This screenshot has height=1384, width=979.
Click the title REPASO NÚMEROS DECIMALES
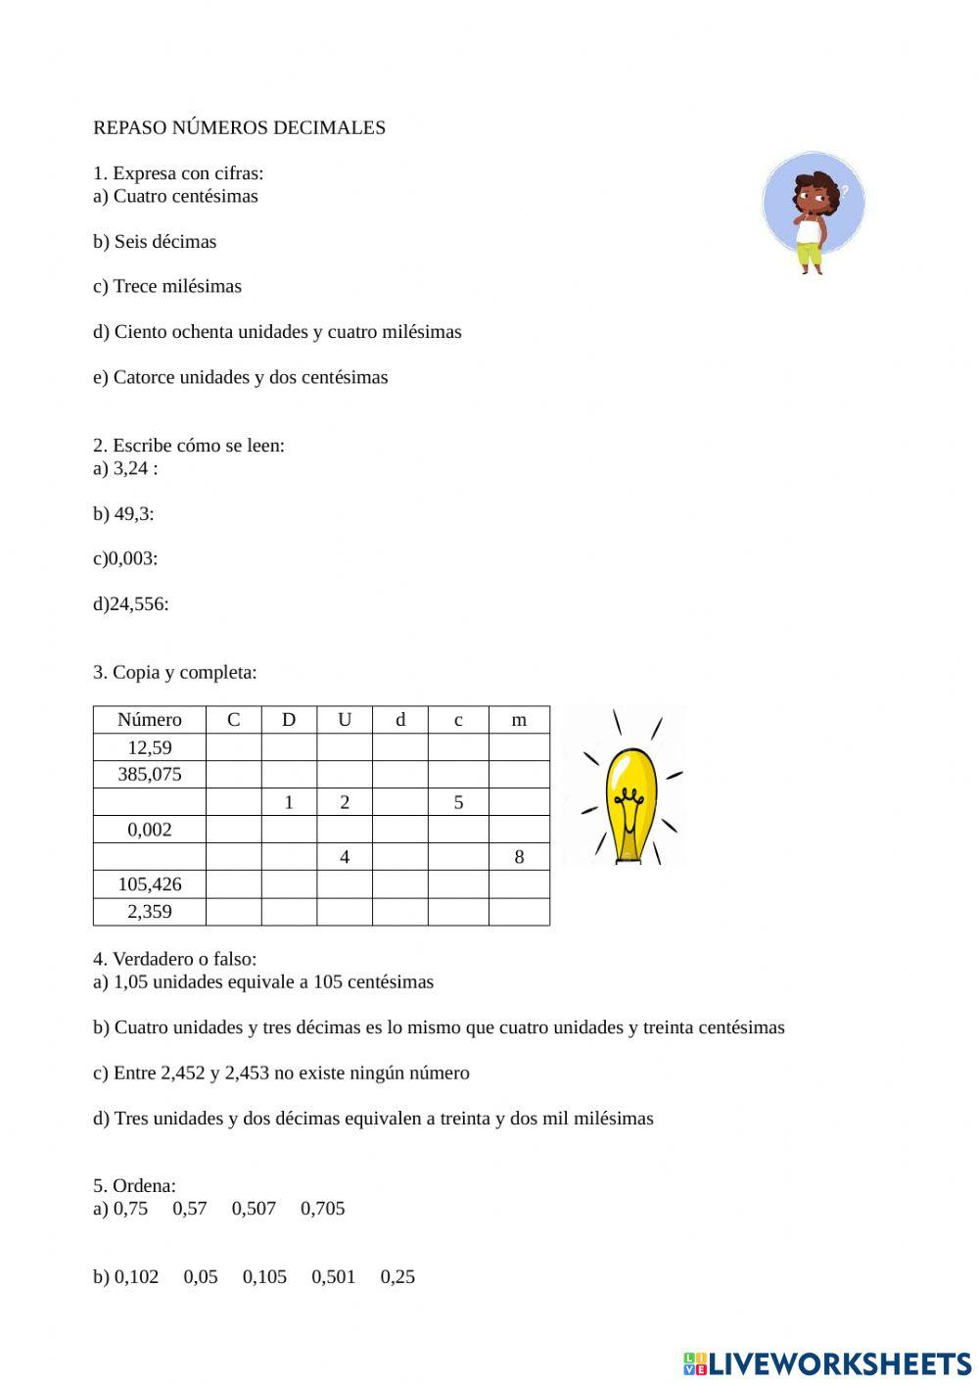pyautogui.click(x=239, y=127)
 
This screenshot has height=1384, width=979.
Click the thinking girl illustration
pyautogui.click(x=813, y=212)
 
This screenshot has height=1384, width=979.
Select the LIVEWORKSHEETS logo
pyautogui.click(x=827, y=1363)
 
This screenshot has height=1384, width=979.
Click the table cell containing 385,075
pyautogui.click(x=150, y=775)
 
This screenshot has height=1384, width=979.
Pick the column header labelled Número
pyautogui.click(x=150, y=720)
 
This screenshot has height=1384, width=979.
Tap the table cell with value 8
pyautogui.click(x=519, y=857)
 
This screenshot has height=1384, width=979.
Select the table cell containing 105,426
pyautogui.click(x=150, y=884)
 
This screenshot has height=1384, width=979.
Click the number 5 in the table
pyautogui.click(x=458, y=802)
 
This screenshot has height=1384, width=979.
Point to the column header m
pyautogui.click(x=519, y=720)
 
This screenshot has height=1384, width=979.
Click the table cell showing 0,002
pyautogui.click(x=150, y=830)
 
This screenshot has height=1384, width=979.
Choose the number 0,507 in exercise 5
pyautogui.click(x=254, y=1209)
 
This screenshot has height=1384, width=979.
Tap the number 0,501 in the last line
pyautogui.click(x=333, y=1277)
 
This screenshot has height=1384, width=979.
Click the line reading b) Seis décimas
pyautogui.click(x=155, y=242)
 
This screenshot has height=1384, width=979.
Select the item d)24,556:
pyautogui.click(x=130, y=604)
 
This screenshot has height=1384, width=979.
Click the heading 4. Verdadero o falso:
pyautogui.click(x=174, y=959)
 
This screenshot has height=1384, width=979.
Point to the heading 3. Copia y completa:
pyautogui.click(x=174, y=673)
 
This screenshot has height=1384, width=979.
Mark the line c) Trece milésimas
pyautogui.click(x=167, y=287)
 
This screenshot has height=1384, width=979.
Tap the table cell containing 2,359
pyautogui.click(x=150, y=912)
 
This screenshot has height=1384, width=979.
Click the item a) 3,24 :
pyautogui.click(x=125, y=468)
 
